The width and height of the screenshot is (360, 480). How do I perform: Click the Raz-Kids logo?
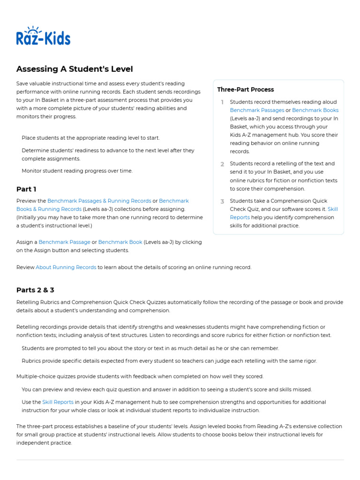(x=43, y=36)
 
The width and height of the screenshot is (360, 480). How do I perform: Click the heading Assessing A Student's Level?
(x=75, y=69)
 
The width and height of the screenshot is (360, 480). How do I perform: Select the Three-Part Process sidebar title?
(x=245, y=90)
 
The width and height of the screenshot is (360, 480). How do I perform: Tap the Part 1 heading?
(x=26, y=189)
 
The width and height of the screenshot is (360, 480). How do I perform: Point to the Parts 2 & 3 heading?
(x=35, y=290)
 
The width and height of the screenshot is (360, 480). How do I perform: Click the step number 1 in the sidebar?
(x=222, y=102)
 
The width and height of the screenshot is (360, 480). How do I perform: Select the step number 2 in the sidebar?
(x=222, y=164)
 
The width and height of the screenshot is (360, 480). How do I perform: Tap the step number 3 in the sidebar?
(x=222, y=201)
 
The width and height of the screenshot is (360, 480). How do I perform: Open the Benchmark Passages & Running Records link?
(x=99, y=201)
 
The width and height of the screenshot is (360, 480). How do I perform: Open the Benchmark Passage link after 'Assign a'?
(x=64, y=242)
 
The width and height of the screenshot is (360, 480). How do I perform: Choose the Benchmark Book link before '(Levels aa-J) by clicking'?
(x=120, y=242)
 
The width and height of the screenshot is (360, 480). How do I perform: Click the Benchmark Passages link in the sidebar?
(x=257, y=111)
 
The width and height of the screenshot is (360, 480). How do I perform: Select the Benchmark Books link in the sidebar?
(x=315, y=111)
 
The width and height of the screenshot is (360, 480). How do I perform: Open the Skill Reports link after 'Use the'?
(x=58, y=402)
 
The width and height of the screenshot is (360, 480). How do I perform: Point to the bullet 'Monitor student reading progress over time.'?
(x=77, y=171)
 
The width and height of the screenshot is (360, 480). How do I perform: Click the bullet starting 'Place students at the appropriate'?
(x=90, y=138)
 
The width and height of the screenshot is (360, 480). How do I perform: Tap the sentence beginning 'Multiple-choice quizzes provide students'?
(x=140, y=376)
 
